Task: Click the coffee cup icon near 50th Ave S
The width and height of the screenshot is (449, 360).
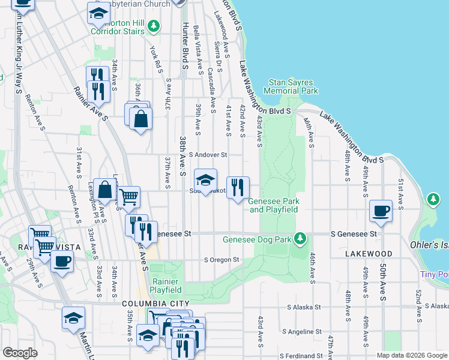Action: coord(381,211)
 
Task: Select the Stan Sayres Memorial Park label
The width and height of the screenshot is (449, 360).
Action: coord(293,86)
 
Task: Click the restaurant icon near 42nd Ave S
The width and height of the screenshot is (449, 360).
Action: coord(238,188)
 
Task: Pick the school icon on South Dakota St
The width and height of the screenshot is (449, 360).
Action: coord(205,180)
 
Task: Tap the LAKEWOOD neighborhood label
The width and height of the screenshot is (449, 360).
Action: coord(369,254)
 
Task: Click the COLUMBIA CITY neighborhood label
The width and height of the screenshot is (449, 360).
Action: coord(155,304)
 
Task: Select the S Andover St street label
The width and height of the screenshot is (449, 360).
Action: coord(208,155)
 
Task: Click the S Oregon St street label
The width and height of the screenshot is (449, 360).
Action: coord(221,260)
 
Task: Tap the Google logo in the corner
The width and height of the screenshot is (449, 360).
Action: coord(20,353)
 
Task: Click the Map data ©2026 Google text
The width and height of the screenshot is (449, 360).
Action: coord(411,355)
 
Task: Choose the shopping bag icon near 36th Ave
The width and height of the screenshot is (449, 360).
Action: coord(140,119)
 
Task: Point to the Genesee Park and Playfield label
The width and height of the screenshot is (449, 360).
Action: coord(274,205)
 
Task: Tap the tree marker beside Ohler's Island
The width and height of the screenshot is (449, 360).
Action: coord(433,199)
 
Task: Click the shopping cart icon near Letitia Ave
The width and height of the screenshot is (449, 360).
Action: coord(128,196)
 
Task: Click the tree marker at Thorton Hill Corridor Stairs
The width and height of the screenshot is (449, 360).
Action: coord(154,26)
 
